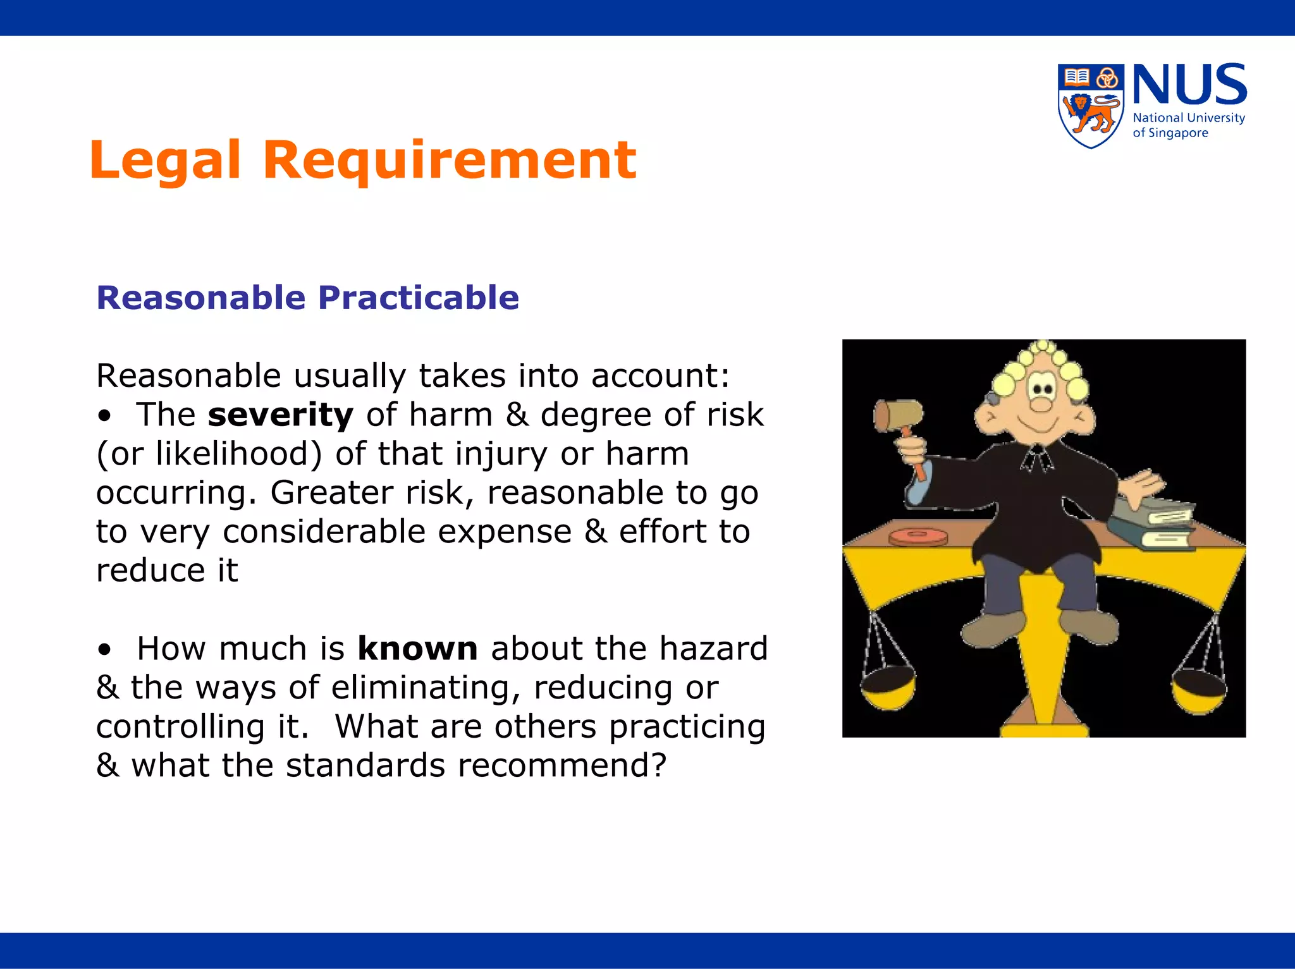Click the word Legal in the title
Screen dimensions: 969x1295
click(x=165, y=161)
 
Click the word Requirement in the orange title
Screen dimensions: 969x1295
click(x=450, y=161)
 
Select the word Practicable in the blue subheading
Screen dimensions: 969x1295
click(x=418, y=298)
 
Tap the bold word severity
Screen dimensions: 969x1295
click(x=280, y=415)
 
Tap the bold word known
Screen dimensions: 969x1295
click(x=417, y=649)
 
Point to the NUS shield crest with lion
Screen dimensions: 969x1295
click(x=1091, y=106)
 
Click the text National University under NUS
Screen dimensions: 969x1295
click(x=1189, y=118)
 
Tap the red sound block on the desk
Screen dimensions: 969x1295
click(x=918, y=537)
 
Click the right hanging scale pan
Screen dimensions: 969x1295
click(x=1199, y=692)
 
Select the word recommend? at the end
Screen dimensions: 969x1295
click(x=562, y=765)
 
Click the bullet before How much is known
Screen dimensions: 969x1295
click(x=105, y=650)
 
